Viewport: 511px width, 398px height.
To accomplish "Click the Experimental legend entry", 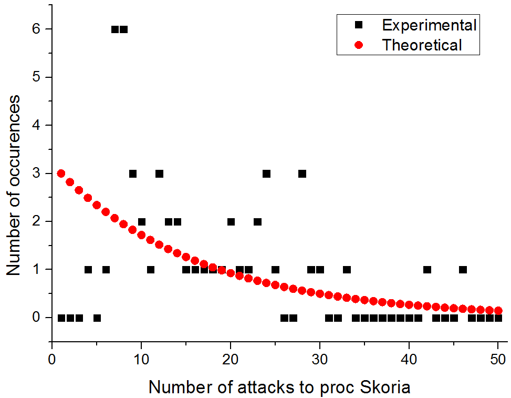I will click(x=429, y=25).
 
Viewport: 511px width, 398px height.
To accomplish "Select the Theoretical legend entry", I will click(x=422, y=45).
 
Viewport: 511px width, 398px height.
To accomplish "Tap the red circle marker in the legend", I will click(x=359, y=45).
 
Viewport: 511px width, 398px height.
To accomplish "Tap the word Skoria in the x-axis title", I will click(x=383, y=387).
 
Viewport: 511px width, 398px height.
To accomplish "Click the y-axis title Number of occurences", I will click(x=14, y=185).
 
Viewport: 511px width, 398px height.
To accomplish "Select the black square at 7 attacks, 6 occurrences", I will click(x=115, y=29).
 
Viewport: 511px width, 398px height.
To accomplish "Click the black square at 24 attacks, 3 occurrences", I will click(x=267, y=174).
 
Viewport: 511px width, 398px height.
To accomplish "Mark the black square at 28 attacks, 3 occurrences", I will click(x=302, y=174).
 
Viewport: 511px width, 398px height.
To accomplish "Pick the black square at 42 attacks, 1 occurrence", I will click(x=427, y=270).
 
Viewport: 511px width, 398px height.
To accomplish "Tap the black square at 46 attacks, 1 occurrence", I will click(x=463, y=270).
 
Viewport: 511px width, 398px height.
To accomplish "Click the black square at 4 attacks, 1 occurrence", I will click(x=88, y=270).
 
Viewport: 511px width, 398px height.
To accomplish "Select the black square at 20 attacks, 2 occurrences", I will click(x=231, y=221).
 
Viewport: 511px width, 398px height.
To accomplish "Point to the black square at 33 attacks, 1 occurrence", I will click(x=347, y=270).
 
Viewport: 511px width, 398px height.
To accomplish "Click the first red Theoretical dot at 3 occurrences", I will click(x=61, y=174).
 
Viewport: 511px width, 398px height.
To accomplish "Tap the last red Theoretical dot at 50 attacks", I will click(x=498, y=311).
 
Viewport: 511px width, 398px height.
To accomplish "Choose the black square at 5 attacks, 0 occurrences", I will click(x=97, y=318).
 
